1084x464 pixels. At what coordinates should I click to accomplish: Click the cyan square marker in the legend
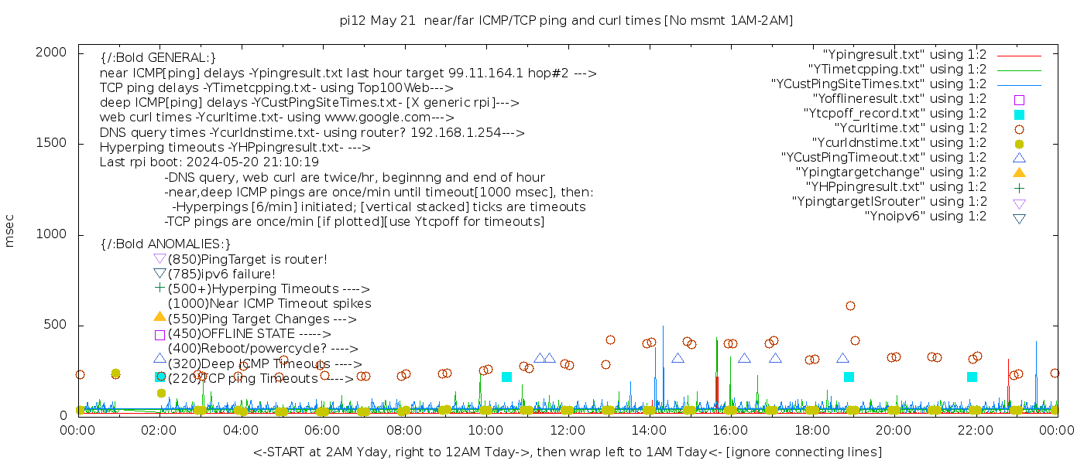coord(1019,114)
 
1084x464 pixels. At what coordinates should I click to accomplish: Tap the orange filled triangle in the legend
coord(1019,172)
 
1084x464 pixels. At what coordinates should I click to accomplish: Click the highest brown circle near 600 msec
coord(850,306)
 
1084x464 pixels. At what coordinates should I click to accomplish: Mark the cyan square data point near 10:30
coord(506,377)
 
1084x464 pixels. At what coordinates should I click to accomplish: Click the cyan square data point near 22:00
coord(972,377)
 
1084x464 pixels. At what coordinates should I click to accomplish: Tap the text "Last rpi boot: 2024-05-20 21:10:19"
coord(209,162)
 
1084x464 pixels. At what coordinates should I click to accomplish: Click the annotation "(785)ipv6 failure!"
coord(221,275)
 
